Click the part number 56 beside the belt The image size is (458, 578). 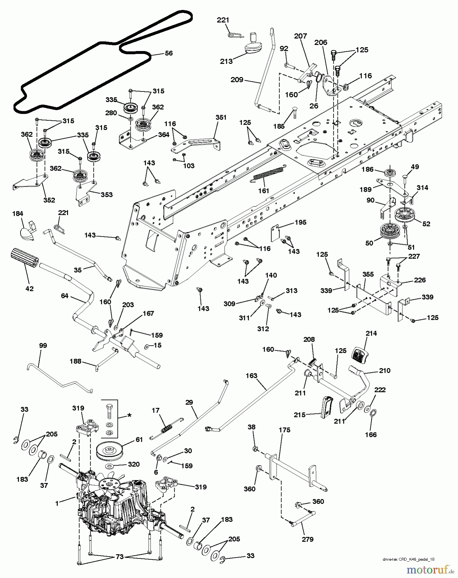[168, 53]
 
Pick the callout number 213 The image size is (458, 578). [226, 61]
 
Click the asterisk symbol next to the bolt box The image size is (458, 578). [129, 415]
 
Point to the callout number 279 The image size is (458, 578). [307, 539]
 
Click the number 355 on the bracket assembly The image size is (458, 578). [368, 275]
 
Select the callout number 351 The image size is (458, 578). [220, 118]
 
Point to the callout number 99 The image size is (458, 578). [43, 346]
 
